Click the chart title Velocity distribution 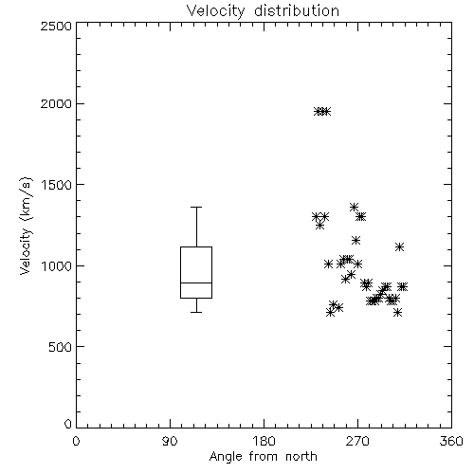pos(263,11)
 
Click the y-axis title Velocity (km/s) pos(26,226)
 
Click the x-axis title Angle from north pos(263,457)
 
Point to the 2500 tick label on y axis pos(56,26)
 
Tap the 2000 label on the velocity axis pos(56,103)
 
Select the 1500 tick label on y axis pos(57,185)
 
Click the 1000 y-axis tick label pos(57,265)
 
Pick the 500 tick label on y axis pos(61,347)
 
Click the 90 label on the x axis pos(170,441)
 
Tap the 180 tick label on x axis pos(264,441)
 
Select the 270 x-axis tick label pos(357,441)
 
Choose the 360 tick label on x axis pos(451,441)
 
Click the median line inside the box pos(196,283)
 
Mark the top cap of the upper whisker pos(196,208)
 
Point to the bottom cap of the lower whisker pos(196,312)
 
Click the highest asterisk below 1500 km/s pos(354,208)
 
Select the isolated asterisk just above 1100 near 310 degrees pos(400,247)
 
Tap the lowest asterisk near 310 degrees pos(398,313)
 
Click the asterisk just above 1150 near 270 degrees pos(356,241)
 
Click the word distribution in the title pos(297,11)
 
